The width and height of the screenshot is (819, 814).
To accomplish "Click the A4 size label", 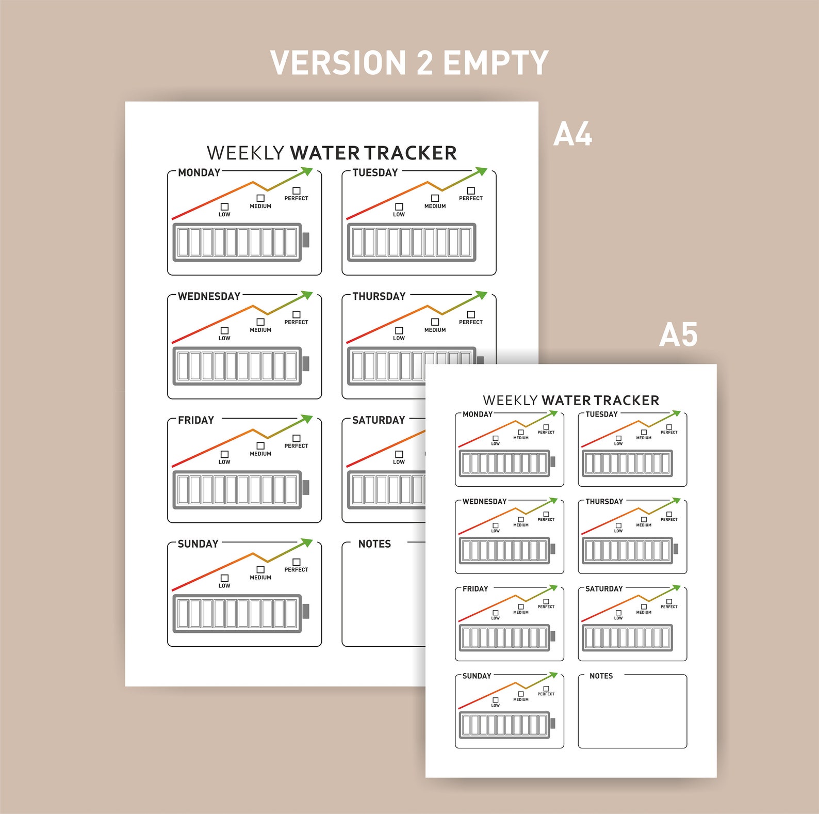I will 572,135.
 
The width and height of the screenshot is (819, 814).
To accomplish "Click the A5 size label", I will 678,335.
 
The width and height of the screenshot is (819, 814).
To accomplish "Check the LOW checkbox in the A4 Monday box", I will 224,207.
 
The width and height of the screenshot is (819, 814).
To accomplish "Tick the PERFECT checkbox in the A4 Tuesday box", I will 471,191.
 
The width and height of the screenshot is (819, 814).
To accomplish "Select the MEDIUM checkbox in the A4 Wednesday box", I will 260,322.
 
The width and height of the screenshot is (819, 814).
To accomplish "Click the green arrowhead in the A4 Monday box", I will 307,171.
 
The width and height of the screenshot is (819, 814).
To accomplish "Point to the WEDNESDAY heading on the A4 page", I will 209,296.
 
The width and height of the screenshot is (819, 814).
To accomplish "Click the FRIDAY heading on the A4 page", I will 196,420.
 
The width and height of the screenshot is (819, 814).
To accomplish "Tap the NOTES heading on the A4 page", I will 374,544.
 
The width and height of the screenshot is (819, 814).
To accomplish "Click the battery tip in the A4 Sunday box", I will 306,611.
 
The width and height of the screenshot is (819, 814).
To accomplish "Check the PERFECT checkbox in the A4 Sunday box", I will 297,562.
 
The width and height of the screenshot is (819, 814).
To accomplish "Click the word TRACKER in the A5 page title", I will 626,401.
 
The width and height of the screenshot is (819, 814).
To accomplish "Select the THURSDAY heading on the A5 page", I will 604,502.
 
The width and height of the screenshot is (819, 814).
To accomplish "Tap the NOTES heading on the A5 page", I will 601,676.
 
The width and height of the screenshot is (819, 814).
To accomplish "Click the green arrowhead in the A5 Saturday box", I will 677,588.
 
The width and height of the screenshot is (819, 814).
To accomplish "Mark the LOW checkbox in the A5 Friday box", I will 496,613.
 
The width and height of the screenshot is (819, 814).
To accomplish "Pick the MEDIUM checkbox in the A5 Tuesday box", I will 644,433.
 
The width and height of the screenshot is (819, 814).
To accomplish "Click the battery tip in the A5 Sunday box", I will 553,723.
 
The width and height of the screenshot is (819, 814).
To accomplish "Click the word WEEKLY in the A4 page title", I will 245,153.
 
